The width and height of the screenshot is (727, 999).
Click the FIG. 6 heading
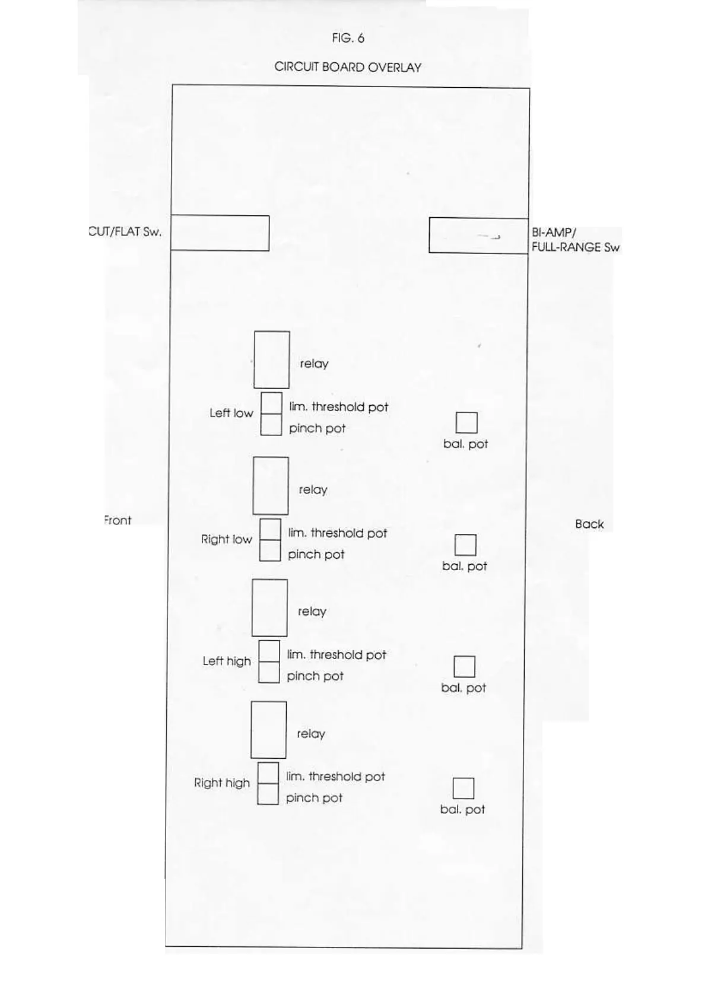coord(348,39)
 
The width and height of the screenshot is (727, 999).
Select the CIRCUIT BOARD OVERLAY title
coord(348,67)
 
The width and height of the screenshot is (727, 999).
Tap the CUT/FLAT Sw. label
coord(125,232)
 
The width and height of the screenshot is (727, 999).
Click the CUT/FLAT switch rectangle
coord(220,233)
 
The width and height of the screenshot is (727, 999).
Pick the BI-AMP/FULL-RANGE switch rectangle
coord(478,236)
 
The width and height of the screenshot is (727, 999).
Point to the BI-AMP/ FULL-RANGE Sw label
coord(574,240)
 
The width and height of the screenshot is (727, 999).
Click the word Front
coord(118,520)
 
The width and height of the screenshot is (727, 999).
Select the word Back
coord(589,524)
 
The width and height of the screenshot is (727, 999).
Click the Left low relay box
coord(272,359)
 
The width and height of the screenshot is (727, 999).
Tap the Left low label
coord(231,413)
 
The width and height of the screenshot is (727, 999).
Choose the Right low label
coord(226,539)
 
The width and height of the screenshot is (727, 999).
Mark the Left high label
coord(227,661)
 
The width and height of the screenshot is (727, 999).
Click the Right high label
coord(222,783)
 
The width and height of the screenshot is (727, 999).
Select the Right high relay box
coord(268,730)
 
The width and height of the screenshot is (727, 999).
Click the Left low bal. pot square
coord(466,423)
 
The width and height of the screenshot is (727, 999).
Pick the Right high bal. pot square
coord(463,788)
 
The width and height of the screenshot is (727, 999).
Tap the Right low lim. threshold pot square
coord(270,529)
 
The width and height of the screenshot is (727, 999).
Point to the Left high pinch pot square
coord(269,672)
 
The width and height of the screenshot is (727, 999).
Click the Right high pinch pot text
coord(314,798)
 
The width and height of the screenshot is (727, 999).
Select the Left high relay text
coord(312,612)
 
